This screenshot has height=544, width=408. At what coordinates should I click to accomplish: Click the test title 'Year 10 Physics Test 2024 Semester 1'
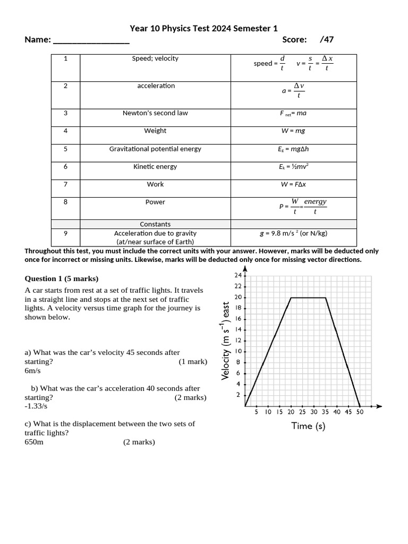click(x=204, y=28)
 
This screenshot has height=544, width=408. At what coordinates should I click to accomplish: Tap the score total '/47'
click(x=327, y=39)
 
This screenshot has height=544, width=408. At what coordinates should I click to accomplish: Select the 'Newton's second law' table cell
click(x=155, y=113)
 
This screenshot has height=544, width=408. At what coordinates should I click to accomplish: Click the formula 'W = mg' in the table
click(x=293, y=131)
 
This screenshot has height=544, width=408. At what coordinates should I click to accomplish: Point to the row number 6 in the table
click(x=65, y=167)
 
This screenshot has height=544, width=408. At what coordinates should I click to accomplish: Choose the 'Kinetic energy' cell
click(x=155, y=167)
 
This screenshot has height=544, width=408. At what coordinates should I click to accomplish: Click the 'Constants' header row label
click(x=155, y=224)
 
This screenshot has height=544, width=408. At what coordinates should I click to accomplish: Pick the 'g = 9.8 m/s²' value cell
click(x=293, y=233)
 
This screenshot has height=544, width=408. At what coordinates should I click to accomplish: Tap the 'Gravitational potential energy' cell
click(x=155, y=149)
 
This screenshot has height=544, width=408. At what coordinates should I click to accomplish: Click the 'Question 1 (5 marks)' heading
click(x=62, y=279)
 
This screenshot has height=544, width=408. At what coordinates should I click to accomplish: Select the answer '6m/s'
click(x=33, y=371)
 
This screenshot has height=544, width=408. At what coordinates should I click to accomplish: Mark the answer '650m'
click(x=34, y=442)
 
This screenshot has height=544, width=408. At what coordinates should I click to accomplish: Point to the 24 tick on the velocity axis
click(x=237, y=275)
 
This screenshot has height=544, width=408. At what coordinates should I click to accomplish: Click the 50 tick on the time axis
click(x=360, y=412)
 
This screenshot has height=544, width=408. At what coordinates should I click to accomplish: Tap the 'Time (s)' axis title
click(x=308, y=426)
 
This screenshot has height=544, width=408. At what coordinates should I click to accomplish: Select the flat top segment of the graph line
click(x=308, y=297)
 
